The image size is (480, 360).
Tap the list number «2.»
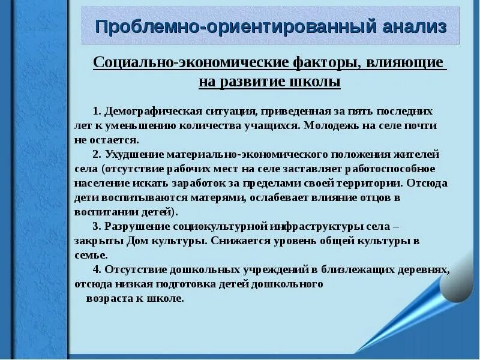97,154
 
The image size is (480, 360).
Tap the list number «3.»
97,226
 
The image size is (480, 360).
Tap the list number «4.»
97,269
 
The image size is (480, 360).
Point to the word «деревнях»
426,269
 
